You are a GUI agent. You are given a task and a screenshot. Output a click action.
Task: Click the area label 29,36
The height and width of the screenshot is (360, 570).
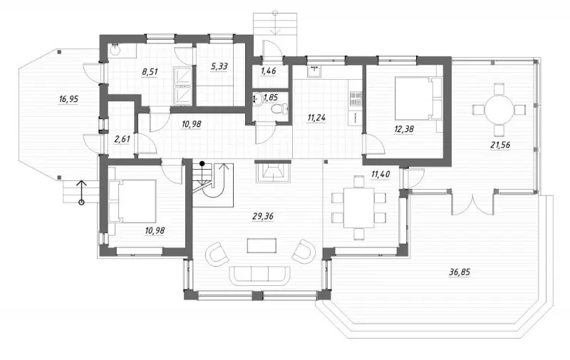click(263, 217)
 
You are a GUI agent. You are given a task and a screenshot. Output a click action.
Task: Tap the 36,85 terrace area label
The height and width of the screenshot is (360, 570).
click(460, 272)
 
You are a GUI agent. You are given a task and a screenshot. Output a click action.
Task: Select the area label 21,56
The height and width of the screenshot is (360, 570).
click(500, 145)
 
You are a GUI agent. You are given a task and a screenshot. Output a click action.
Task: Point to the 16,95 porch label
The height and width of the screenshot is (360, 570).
click(68, 98)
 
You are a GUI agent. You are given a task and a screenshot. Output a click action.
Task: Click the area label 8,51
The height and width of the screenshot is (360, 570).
click(150, 71)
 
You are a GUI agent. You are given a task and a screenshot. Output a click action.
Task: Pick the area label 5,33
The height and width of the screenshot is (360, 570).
click(219, 66)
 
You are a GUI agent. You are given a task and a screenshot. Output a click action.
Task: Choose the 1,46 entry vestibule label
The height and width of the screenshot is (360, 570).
click(269, 71)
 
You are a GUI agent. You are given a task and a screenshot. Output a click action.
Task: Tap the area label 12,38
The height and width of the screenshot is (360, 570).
click(404, 129)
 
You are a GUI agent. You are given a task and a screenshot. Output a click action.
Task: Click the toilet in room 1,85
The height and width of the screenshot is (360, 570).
click(280, 108)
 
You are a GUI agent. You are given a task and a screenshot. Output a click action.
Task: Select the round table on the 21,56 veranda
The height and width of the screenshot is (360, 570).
click(499, 109)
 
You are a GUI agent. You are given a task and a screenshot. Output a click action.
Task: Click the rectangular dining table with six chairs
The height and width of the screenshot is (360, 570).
click(359, 207)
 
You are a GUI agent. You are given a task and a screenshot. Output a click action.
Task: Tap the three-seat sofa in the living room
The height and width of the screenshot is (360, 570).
click(259, 275)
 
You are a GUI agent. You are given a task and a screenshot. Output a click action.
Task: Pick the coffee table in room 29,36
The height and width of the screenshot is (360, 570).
click(261, 245)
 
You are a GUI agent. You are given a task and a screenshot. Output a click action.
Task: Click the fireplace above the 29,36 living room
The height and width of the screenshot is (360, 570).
click(272, 171)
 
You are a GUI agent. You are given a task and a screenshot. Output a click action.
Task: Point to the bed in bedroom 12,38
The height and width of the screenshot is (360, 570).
click(418, 98)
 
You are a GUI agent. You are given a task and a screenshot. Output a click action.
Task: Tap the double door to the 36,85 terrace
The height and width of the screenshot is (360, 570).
click(472, 205)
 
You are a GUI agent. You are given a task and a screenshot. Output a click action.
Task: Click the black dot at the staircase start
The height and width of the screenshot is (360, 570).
click(202, 164)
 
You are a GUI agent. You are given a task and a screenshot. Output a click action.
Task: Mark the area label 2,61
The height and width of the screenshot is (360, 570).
click(122, 139)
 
